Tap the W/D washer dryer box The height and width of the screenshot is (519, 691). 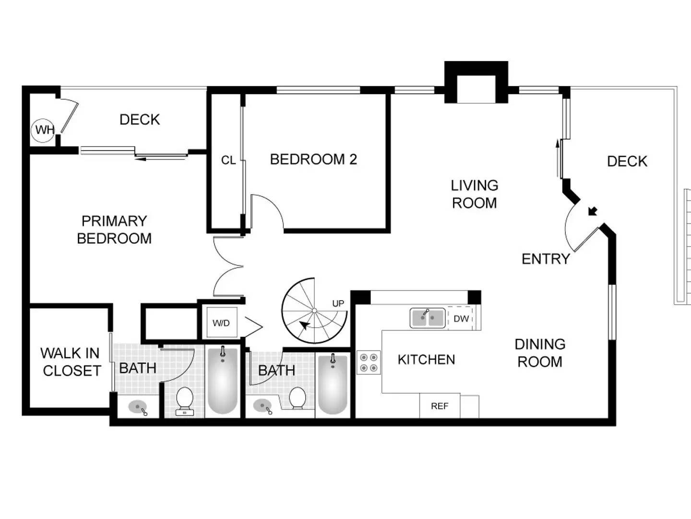coord(221,323)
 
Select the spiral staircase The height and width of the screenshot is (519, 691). coord(314,311)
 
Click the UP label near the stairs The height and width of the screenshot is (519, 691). coord(338,303)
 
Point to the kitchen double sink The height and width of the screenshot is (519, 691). coord(427,318)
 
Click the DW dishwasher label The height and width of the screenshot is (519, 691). coord(461,319)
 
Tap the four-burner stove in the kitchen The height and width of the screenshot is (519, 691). coord(369,362)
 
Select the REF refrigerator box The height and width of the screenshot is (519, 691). coord(440,406)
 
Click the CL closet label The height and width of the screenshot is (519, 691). coord(228,160)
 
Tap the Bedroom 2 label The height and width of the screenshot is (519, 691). coord(313,159)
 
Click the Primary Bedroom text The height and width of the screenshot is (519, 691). coord(114,230)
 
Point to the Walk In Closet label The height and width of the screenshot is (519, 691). coord(71,362)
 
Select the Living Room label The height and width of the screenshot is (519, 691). coord(474,194)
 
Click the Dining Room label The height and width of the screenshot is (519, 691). coord(540,353)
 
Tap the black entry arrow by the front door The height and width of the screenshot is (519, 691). coord(593,211)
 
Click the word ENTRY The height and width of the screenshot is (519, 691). coord(546,259)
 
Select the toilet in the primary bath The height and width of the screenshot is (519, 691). coord(185,401)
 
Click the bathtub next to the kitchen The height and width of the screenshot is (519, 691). coord(333,383)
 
